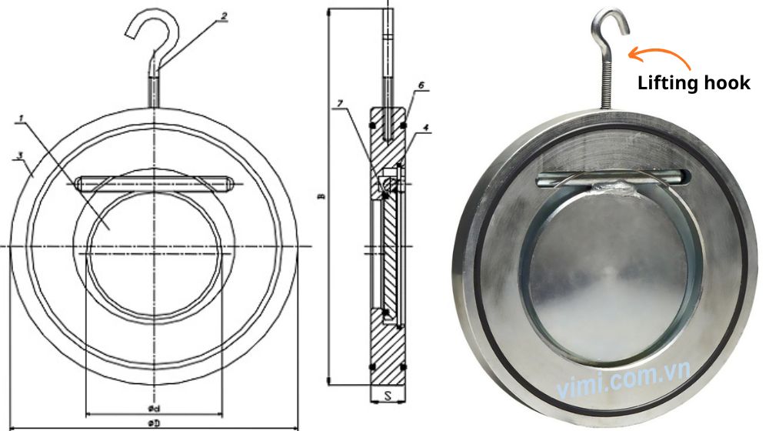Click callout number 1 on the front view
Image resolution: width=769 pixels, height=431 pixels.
click(21, 119)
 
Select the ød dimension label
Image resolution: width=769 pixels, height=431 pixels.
click(154, 406)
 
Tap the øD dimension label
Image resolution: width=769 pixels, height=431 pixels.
click(154, 423)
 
